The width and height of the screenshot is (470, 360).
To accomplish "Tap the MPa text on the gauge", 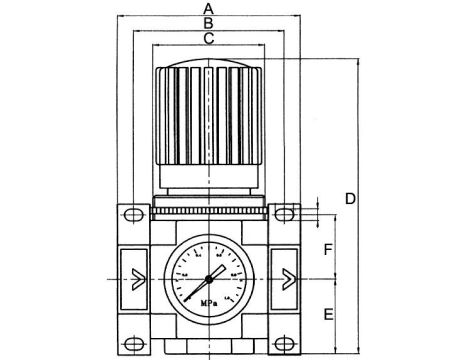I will click(x=206, y=298).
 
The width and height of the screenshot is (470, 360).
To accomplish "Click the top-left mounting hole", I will click(x=131, y=214).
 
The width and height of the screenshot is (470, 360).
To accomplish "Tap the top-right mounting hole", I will click(x=285, y=214).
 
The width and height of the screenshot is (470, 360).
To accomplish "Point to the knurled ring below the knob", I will click(x=208, y=208).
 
